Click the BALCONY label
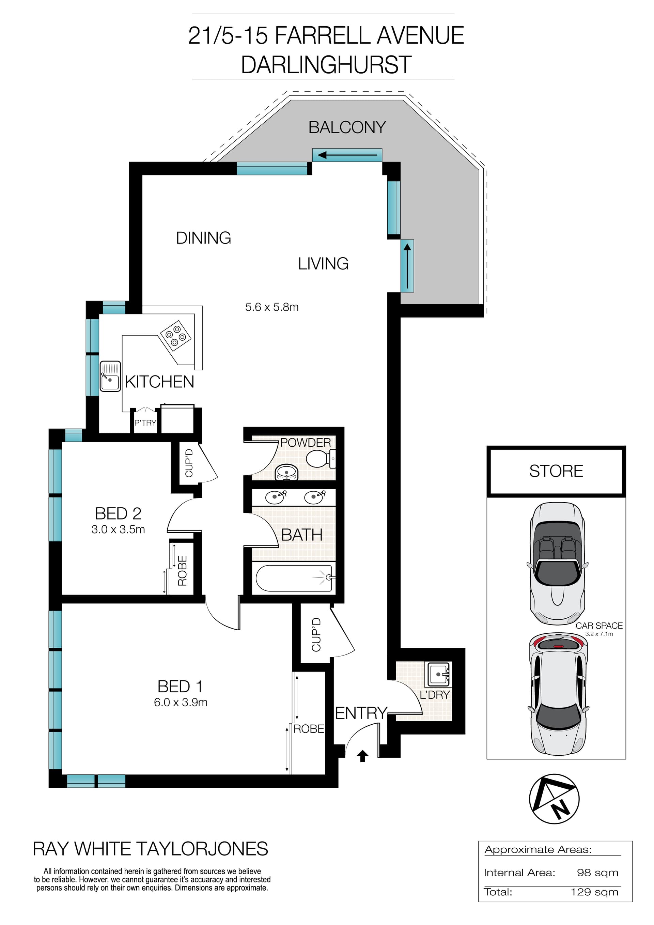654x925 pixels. click(347, 127)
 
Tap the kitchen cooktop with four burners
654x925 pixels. click(175, 336)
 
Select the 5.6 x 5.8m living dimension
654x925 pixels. click(272, 307)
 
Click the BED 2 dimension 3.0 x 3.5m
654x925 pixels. click(118, 529)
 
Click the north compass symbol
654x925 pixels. click(554, 799)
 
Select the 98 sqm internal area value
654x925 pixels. click(597, 873)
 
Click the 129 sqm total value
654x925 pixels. click(594, 892)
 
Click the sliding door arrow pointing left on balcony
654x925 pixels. click(347, 155)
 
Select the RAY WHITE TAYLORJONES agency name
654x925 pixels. click(150, 849)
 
